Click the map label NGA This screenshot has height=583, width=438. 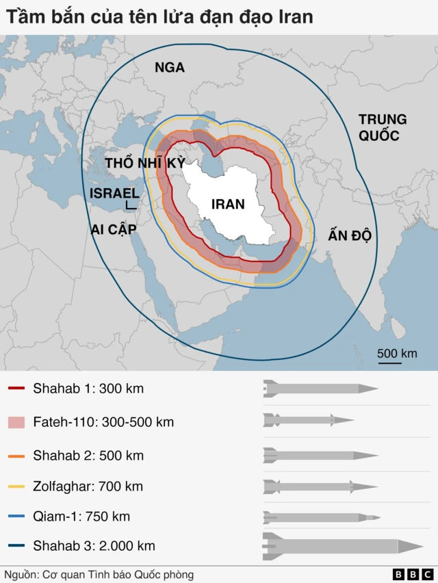(170, 67)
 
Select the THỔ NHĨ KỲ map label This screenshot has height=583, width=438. (145, 163)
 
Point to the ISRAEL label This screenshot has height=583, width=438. (114, 194)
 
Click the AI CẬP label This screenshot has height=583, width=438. (114, 229)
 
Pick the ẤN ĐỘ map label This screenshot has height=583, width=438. (349, 236)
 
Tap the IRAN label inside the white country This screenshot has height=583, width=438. (229, 204)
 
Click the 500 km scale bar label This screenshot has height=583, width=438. (397, 353)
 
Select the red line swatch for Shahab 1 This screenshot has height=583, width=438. (16, 389)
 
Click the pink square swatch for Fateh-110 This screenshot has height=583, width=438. (16, 422)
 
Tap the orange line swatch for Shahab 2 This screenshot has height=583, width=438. (16, 455)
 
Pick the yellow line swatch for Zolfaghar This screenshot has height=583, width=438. (16, 487)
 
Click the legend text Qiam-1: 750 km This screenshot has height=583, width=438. (81, 517)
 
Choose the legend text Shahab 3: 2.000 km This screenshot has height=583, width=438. (94, 545)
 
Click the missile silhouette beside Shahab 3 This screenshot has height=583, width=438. (342, 545)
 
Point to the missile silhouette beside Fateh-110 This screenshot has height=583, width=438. (308, 420)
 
